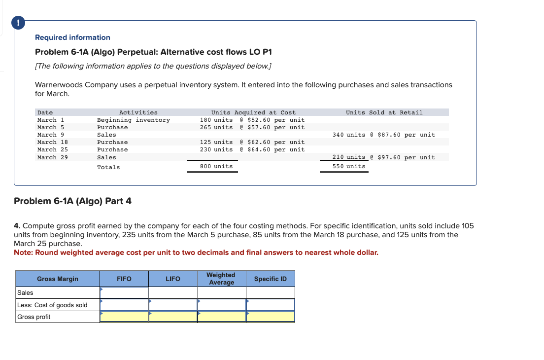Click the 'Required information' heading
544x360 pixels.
click(72, 37)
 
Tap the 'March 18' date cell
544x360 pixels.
click(53, 142)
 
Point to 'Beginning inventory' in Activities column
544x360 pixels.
click(133, 120)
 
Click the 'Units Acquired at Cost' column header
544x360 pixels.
click(253, 112)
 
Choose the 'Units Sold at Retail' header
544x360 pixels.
click(384, 112)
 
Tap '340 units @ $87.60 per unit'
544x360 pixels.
click(383, 135)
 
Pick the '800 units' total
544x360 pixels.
click(216, 166)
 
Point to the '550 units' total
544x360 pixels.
click(349, 166)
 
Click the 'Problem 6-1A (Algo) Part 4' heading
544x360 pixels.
click(73, 201)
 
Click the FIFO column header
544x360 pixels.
click(124, 279)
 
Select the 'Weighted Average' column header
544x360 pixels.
click(221, 279)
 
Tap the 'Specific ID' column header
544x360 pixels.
click(270, 279)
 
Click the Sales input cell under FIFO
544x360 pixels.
click(124, 293)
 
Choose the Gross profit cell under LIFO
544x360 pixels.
click(173, 317)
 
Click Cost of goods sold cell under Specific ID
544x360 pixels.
click(270, 305)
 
